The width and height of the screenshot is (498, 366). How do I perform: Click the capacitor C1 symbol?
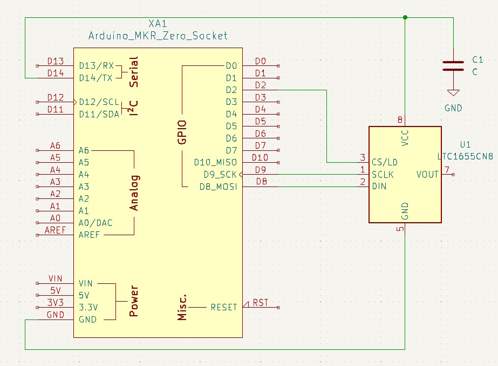453,66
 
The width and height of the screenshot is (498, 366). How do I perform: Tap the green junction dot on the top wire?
405,17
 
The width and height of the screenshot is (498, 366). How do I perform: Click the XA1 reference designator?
158,24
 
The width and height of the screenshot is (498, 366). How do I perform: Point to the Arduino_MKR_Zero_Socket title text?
158,36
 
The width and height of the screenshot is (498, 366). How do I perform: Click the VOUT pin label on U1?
428,174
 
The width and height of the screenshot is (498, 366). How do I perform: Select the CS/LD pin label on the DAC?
385,162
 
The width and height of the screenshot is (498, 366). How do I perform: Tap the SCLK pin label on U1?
383,174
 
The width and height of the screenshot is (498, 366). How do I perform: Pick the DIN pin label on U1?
379,186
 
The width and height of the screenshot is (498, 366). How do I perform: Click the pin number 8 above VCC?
400,119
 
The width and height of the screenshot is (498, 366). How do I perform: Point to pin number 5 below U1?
400,229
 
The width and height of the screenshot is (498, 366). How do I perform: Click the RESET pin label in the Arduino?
223,307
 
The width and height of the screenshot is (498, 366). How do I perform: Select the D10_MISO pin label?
215,162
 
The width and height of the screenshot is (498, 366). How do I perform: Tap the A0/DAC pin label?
95,223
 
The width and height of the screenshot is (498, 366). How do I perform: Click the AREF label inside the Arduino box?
90,235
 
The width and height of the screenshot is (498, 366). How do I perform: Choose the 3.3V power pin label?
88,307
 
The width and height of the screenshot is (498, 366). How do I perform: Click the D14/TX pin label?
95,78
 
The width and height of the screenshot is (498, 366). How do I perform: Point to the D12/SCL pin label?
99,102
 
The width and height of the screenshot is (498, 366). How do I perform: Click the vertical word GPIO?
182,132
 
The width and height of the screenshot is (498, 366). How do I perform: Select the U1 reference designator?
465,144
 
